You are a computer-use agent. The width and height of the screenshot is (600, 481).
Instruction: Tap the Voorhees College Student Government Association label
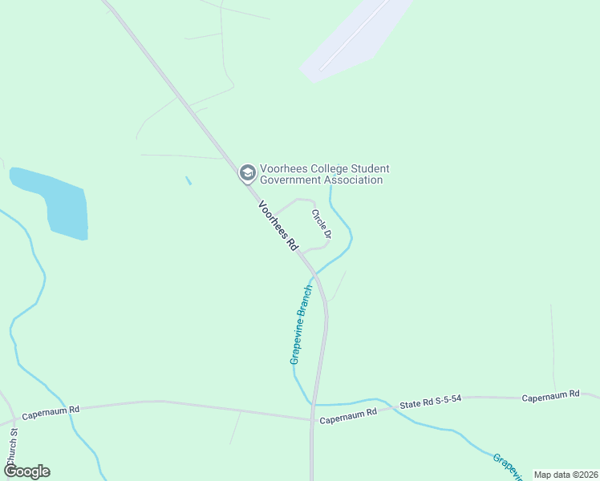pos(325,174)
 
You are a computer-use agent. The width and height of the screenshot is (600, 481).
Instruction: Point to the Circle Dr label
pos(322,224)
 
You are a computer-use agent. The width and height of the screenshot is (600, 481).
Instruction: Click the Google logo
pos(26,471)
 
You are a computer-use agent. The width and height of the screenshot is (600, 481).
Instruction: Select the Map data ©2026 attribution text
pos(565,475)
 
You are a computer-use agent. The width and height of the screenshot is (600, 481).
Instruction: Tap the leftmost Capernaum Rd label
pos(51,414)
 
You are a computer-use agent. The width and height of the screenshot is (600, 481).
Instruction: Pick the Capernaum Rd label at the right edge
pos(550,396)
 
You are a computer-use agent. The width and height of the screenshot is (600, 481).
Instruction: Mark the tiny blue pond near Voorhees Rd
pos(189,180)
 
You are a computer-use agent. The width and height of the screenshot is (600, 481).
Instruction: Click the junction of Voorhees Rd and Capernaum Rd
pos(311,418)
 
